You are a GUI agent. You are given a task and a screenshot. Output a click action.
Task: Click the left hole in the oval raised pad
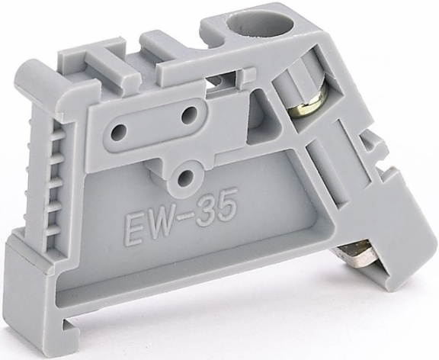click(119, 130)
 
